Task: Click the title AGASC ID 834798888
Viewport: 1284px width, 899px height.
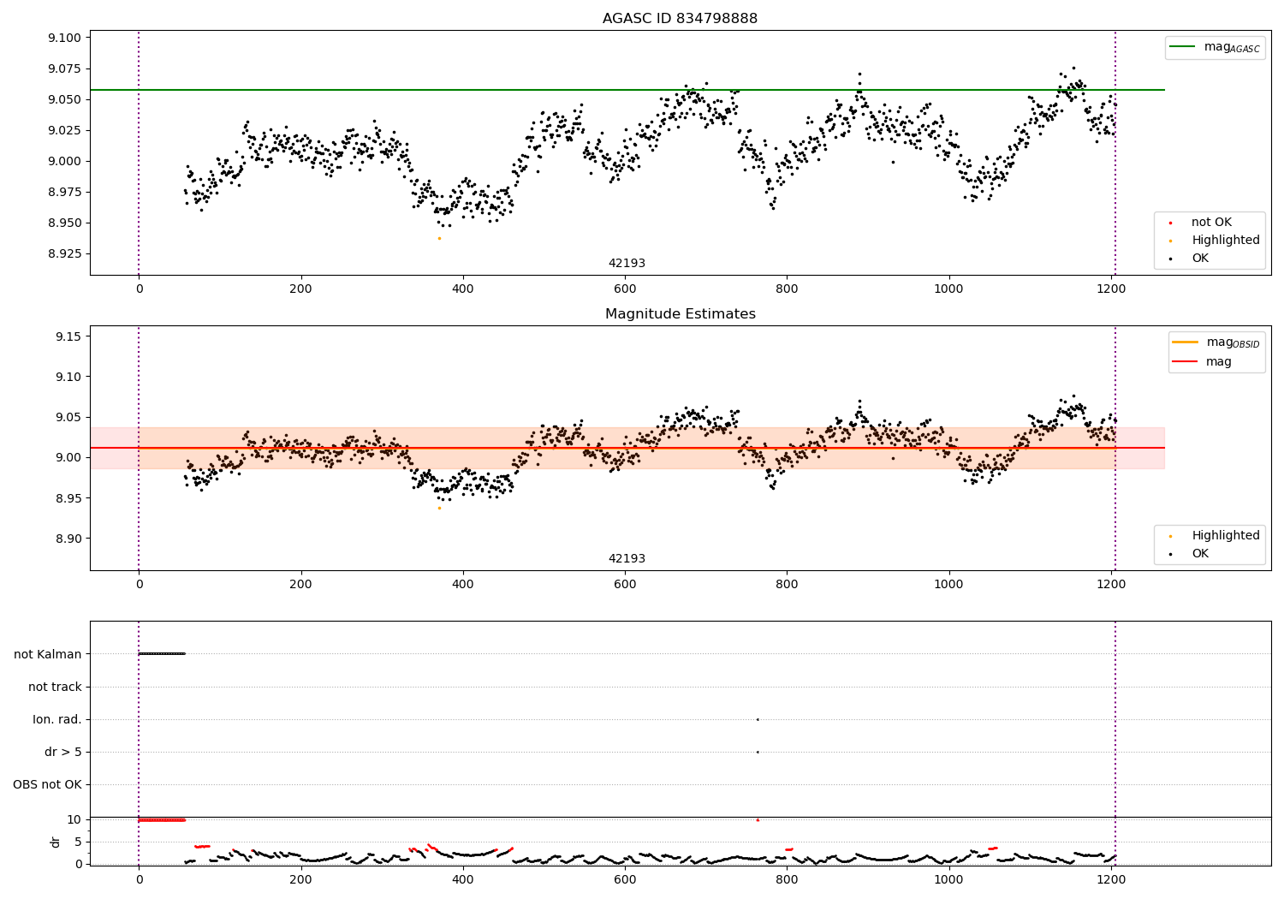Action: pyautogui.click(x=680, y=19)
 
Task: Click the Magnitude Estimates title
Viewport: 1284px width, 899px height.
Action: pyautogui.click(x=680, y=314)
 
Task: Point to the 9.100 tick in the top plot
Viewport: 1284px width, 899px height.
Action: pyautogui.click(x=64, y=38)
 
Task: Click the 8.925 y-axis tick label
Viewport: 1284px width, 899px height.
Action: pyautogui.click(x=64, y=254)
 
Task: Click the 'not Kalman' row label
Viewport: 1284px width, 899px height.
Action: pyautogui.click(x=48, y=654)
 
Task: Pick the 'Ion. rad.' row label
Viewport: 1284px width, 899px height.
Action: pyautogui.click(x=57, y=719)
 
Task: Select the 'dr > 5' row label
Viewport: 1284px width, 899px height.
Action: pyautogui.click(x=63, y=752)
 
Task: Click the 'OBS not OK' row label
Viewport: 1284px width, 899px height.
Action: pyautogui.click(x=48, y=784)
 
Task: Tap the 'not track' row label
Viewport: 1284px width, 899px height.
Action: pyautogui.click(x=55, y=687)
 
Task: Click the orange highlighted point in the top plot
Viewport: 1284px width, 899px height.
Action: pyautogui.click(x=439, y=238)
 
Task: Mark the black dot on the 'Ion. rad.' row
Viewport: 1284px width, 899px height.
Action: pyautogui.click(x=758, y=719)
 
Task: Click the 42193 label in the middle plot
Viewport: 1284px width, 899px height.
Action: pyautogui.click(x=627, y=558)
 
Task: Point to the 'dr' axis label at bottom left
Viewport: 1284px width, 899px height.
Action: pyautogui.click(x=56, y=842)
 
